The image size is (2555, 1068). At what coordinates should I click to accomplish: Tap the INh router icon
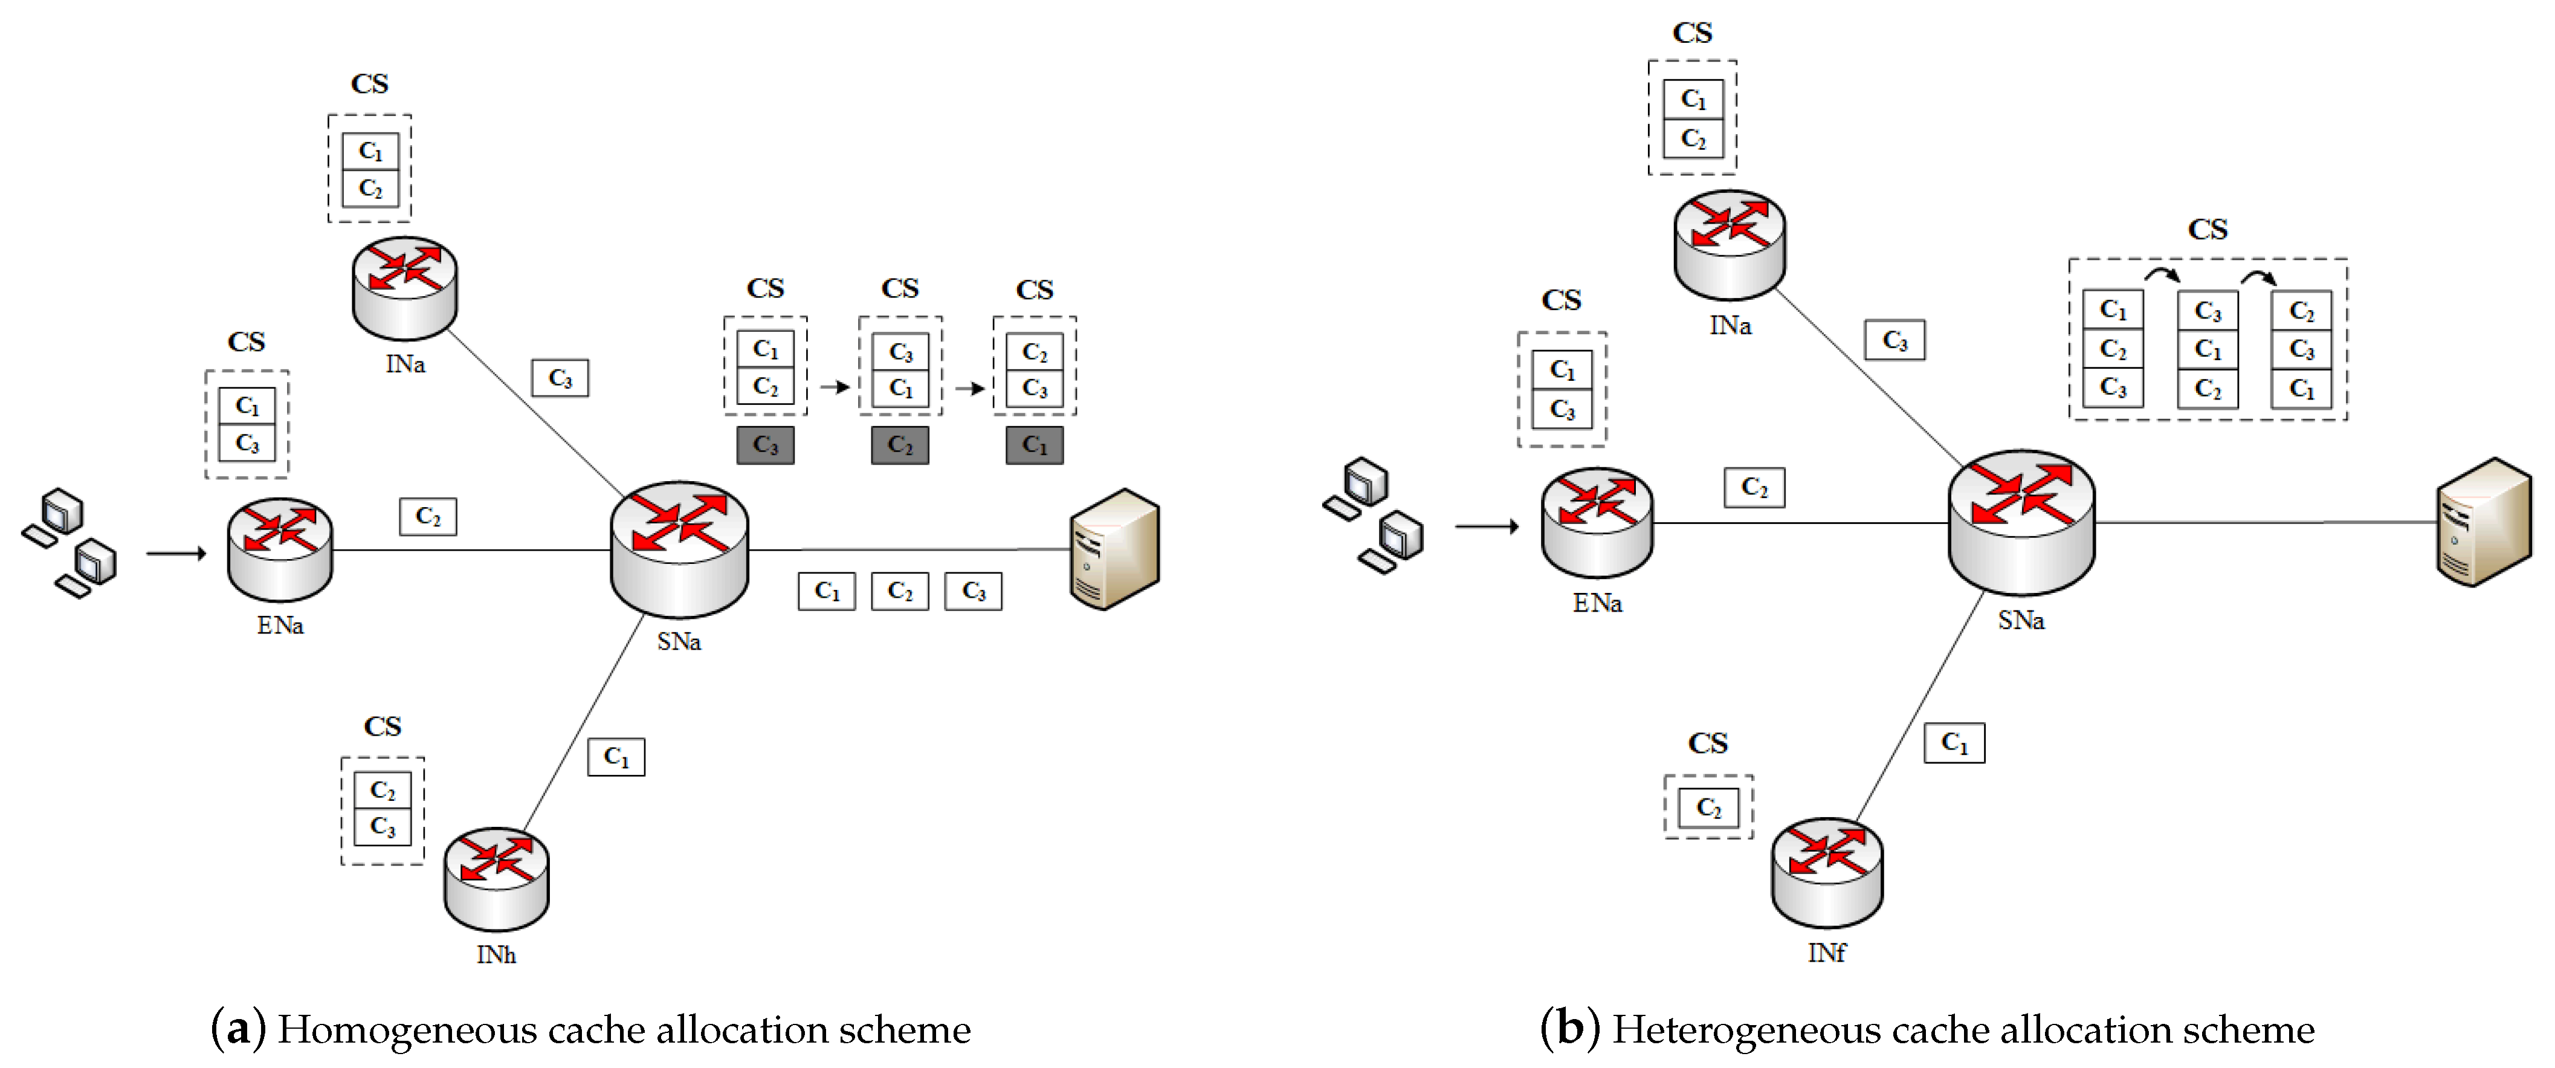[496, 879]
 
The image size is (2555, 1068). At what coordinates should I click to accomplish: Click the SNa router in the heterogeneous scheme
[2021, 523]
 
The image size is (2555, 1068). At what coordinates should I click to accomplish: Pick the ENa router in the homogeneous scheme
[280, 549]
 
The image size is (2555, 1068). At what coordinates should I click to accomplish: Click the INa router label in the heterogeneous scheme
[1730, 325]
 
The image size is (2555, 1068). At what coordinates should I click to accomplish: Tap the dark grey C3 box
[764, 445]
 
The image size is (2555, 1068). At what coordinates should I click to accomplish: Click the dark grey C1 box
[1035, 445]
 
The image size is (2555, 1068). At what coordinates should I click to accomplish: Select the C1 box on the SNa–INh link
[616, 757]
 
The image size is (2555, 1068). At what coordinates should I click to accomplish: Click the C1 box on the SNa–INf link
[1954, 743]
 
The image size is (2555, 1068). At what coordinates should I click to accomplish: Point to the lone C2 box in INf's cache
[1708, 807]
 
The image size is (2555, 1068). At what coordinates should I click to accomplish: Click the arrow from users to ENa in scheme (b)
[1487, 526]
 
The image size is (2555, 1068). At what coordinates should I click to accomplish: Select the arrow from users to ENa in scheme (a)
[176, 552]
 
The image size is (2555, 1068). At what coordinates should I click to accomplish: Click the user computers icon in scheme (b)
[1374, 515]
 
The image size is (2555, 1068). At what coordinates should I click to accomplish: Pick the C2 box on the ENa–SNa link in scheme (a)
[427, 517]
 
